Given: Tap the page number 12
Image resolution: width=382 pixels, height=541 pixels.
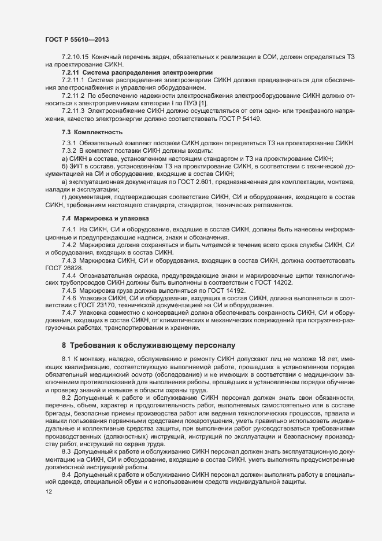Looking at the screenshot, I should [40, 492].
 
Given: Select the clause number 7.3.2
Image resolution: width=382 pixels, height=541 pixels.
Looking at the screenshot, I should [69, 150].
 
